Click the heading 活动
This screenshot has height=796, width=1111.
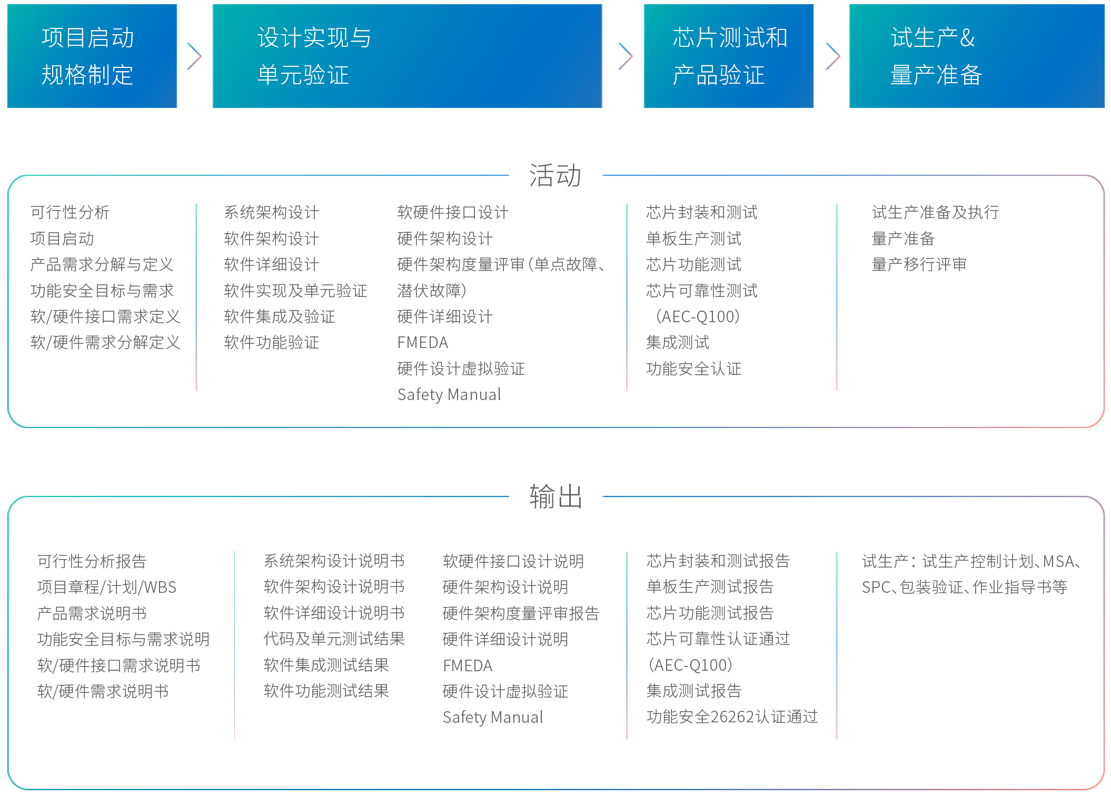(555, 175)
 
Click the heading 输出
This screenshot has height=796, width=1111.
(555, 496)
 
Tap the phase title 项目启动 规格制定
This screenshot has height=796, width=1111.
(87, 56)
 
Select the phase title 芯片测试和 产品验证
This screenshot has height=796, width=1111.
(729, 56)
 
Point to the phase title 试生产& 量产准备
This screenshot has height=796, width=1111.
(935, 56)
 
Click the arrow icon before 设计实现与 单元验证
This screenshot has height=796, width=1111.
(194, 56)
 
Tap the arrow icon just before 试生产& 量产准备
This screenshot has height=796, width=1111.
(831, 56)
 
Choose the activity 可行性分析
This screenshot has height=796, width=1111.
(70, 213)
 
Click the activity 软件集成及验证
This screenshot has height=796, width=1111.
(279, 317)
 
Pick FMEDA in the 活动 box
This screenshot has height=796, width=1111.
(422, 343)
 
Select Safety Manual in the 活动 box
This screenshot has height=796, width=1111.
(449, 395)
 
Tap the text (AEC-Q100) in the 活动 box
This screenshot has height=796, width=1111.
(697, 317)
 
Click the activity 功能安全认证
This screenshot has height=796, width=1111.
(693, 369)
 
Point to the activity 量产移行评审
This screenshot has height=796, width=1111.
(919, 265)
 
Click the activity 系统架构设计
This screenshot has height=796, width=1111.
(271, 213)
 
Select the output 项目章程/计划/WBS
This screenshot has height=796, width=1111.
(107, 588)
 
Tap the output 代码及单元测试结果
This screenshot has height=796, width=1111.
(334, 639)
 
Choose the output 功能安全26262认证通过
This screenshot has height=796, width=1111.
(732, 717)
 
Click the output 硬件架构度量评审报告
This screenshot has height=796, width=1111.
(520, 613)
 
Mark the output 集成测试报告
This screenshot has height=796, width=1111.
(693, 691)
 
